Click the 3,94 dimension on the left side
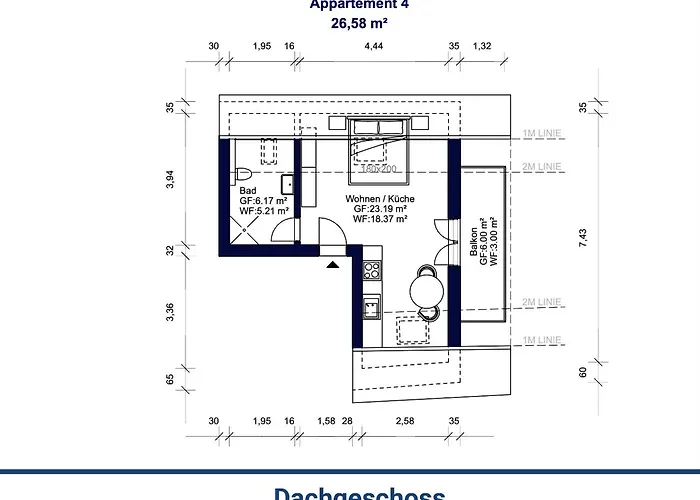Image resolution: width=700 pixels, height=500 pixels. (169, 178)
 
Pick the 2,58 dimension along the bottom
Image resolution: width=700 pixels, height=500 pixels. (404, 421)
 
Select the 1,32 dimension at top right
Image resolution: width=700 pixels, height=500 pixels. (482, 46)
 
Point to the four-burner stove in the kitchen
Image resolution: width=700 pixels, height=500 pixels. (372, 269)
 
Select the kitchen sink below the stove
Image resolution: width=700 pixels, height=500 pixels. (372, 305)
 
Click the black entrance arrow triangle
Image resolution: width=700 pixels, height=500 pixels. (331, 264)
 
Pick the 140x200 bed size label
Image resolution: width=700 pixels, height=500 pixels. (378, 169)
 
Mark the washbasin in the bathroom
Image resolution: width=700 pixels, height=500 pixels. (287, 182)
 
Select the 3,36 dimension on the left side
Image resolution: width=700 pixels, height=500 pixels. (169, 312)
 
